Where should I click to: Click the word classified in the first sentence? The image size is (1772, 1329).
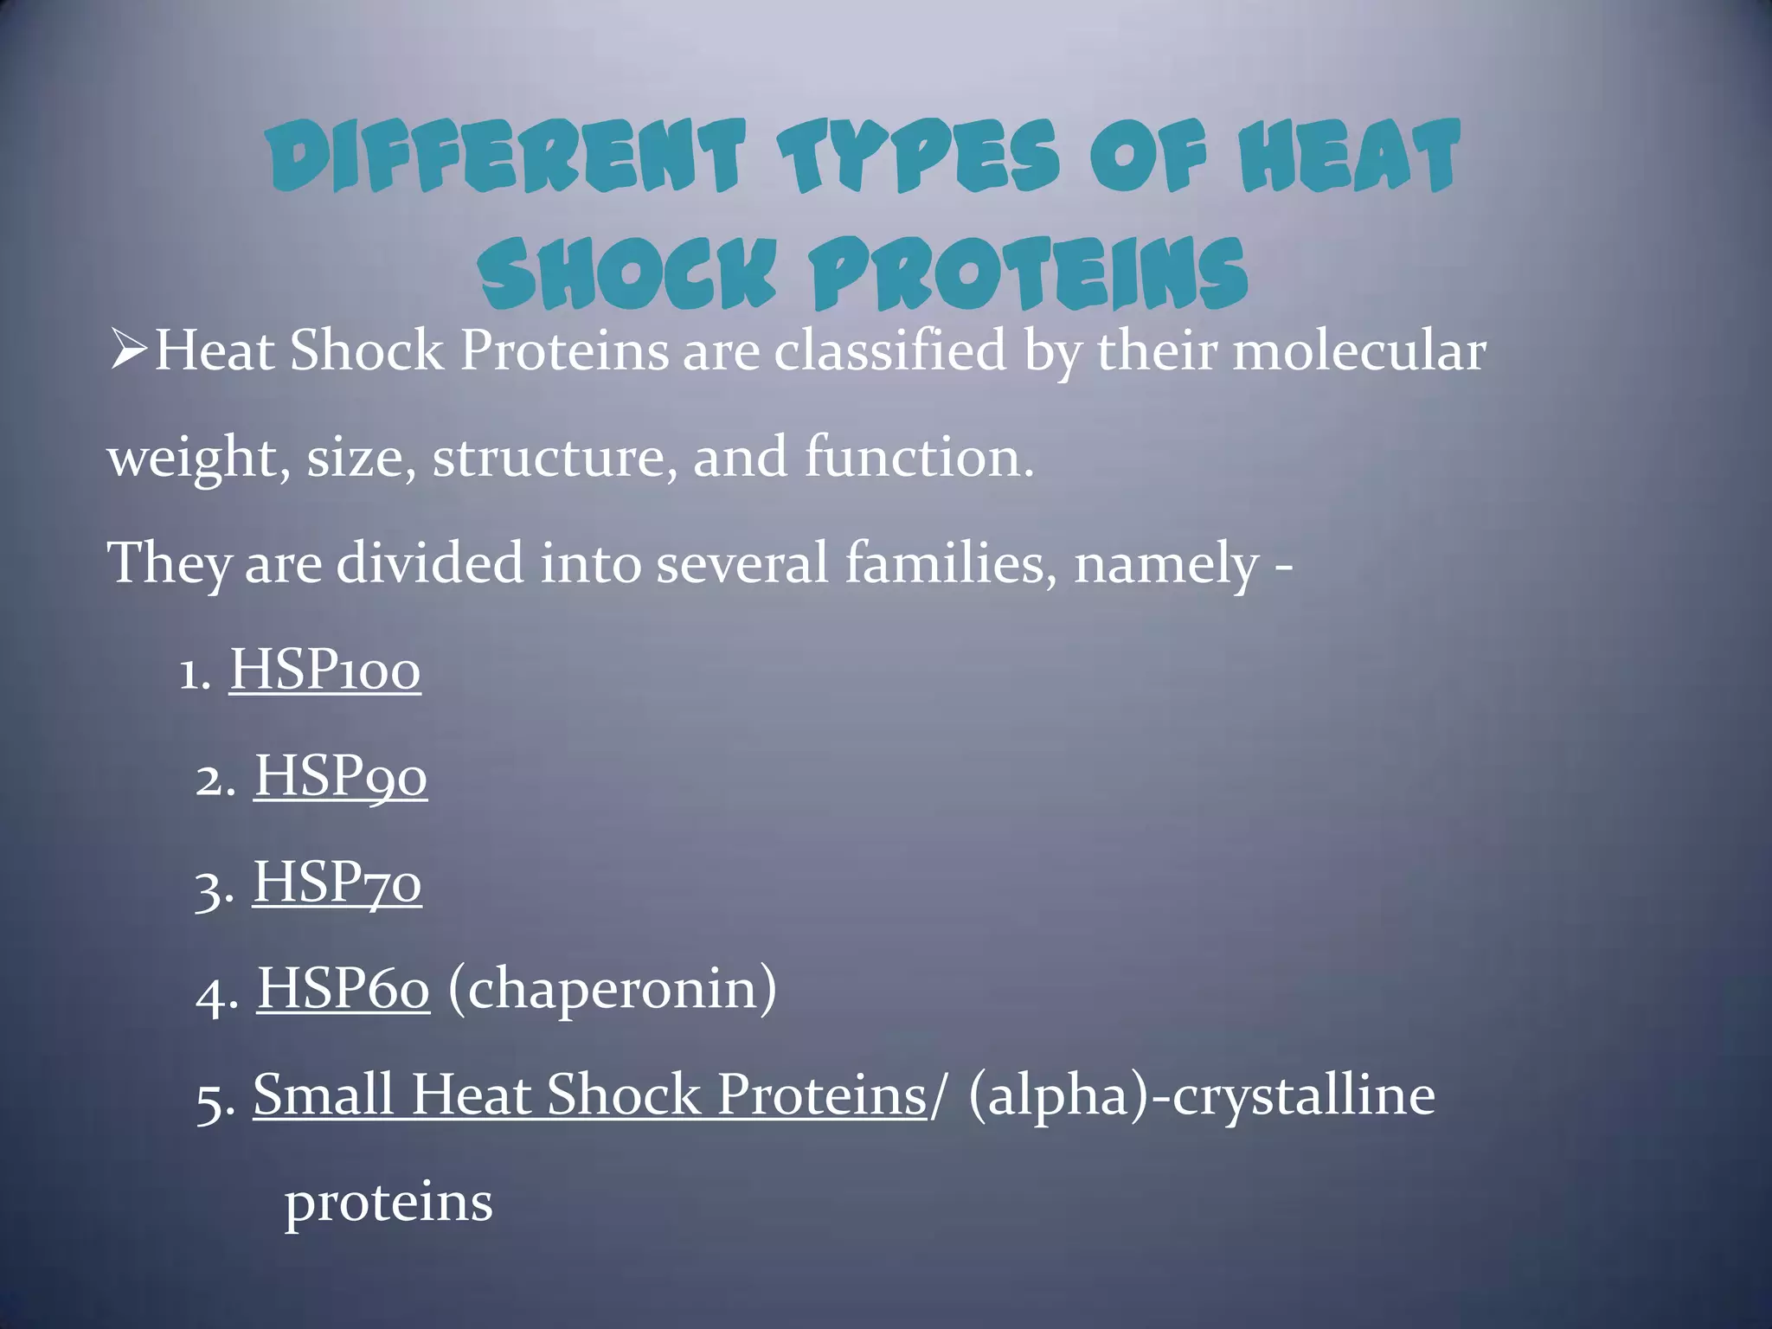[889, 351]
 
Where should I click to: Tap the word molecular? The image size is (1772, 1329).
[1359, 351]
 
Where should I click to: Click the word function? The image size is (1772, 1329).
[919, 457]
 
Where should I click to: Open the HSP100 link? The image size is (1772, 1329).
[324, 670]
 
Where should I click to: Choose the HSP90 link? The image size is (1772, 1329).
[340, 776]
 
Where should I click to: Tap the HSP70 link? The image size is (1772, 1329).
[337, 883]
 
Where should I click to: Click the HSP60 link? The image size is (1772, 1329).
[343, 989]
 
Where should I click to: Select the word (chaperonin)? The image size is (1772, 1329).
[612, 989]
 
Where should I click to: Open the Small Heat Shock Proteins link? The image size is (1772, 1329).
[589, 1095]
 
